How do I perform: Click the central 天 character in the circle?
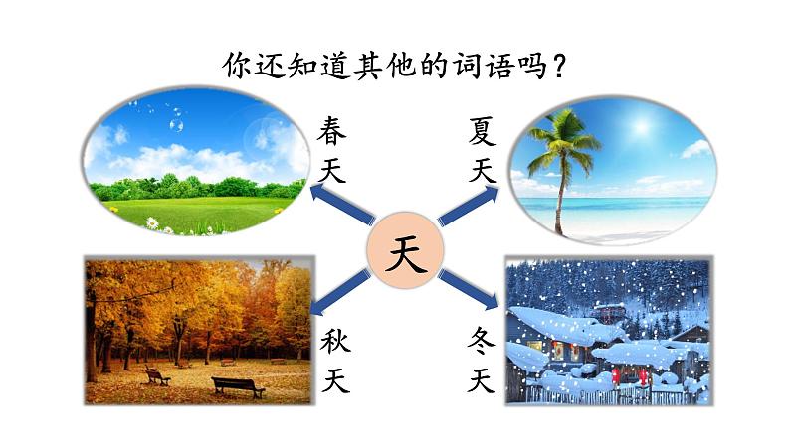click(x=405, y=257)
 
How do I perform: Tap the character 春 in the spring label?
click(x=335, y=131)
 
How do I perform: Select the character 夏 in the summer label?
click(x=483, y=131)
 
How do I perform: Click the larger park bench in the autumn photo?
click(x=238, y=386)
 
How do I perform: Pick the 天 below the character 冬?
click(x=483, y=380)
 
